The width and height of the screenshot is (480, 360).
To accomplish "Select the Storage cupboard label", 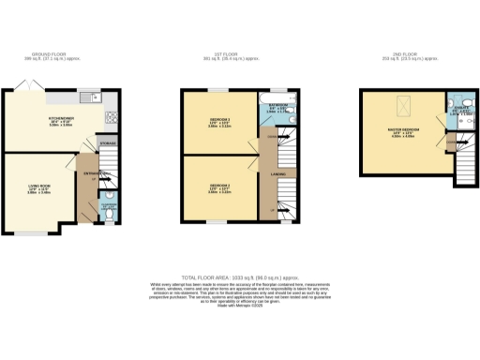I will (108, 143).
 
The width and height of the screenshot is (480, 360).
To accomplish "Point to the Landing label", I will (278, 173).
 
